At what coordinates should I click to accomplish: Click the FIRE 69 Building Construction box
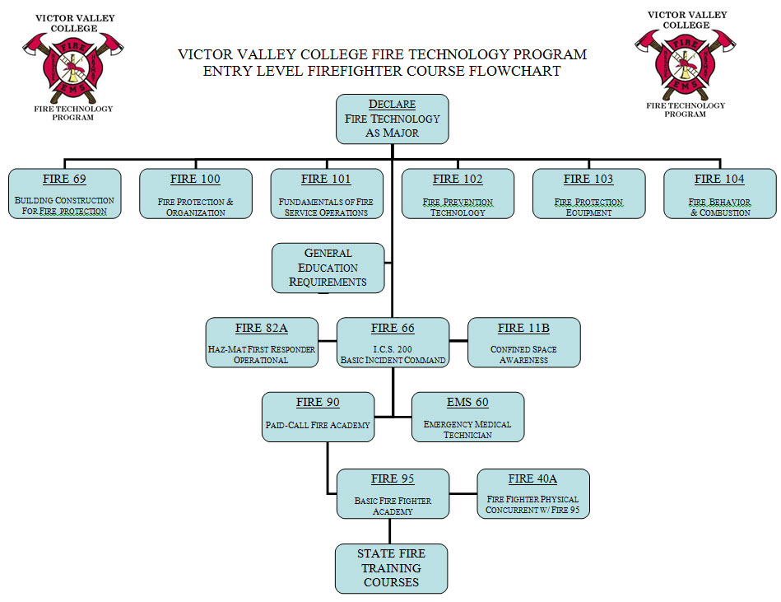[64, 194]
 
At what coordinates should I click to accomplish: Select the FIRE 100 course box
[195, 194]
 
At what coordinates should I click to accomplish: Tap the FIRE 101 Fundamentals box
[327, 194]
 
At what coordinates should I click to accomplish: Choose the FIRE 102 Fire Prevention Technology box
[458, 194]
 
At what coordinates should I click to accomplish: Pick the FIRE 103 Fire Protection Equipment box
[588, 194]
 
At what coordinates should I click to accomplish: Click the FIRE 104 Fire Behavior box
[719, 194]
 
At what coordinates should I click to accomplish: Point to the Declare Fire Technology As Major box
[393, 118]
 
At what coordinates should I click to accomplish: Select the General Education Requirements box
[328, 268]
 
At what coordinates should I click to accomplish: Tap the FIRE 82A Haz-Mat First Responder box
[261, 343]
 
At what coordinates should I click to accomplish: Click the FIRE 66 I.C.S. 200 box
[393, 343]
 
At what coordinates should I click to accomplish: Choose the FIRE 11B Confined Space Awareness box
[523, 343]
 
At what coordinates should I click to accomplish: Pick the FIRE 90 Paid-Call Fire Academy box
[318, 417]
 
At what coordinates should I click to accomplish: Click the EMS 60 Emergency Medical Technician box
[467, 417]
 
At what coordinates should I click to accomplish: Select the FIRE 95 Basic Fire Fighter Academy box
[393, 493]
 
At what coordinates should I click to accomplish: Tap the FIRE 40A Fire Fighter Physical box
[532, 493]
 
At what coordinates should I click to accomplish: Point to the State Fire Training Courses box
[391, 568]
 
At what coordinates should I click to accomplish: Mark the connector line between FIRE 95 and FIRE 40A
[463, 494]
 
